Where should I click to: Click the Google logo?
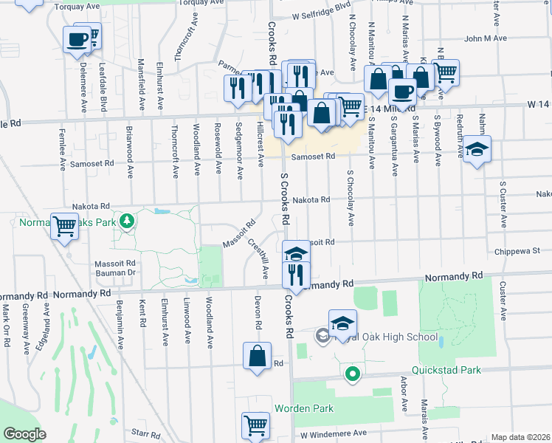[x=24, y=434]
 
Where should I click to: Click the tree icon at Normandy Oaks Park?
[x=128, y=220]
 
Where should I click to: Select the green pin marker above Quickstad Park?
[x=353, y=375]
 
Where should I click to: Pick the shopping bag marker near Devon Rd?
[x=257, y=356]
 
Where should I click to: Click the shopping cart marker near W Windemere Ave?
[x=255, y=425]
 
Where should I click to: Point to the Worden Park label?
[x=304, y=408]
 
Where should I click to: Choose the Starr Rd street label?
[x=146, y=434]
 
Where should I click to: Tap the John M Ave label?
[x=486, y=38]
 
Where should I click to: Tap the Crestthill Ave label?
[x=258, y=258]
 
